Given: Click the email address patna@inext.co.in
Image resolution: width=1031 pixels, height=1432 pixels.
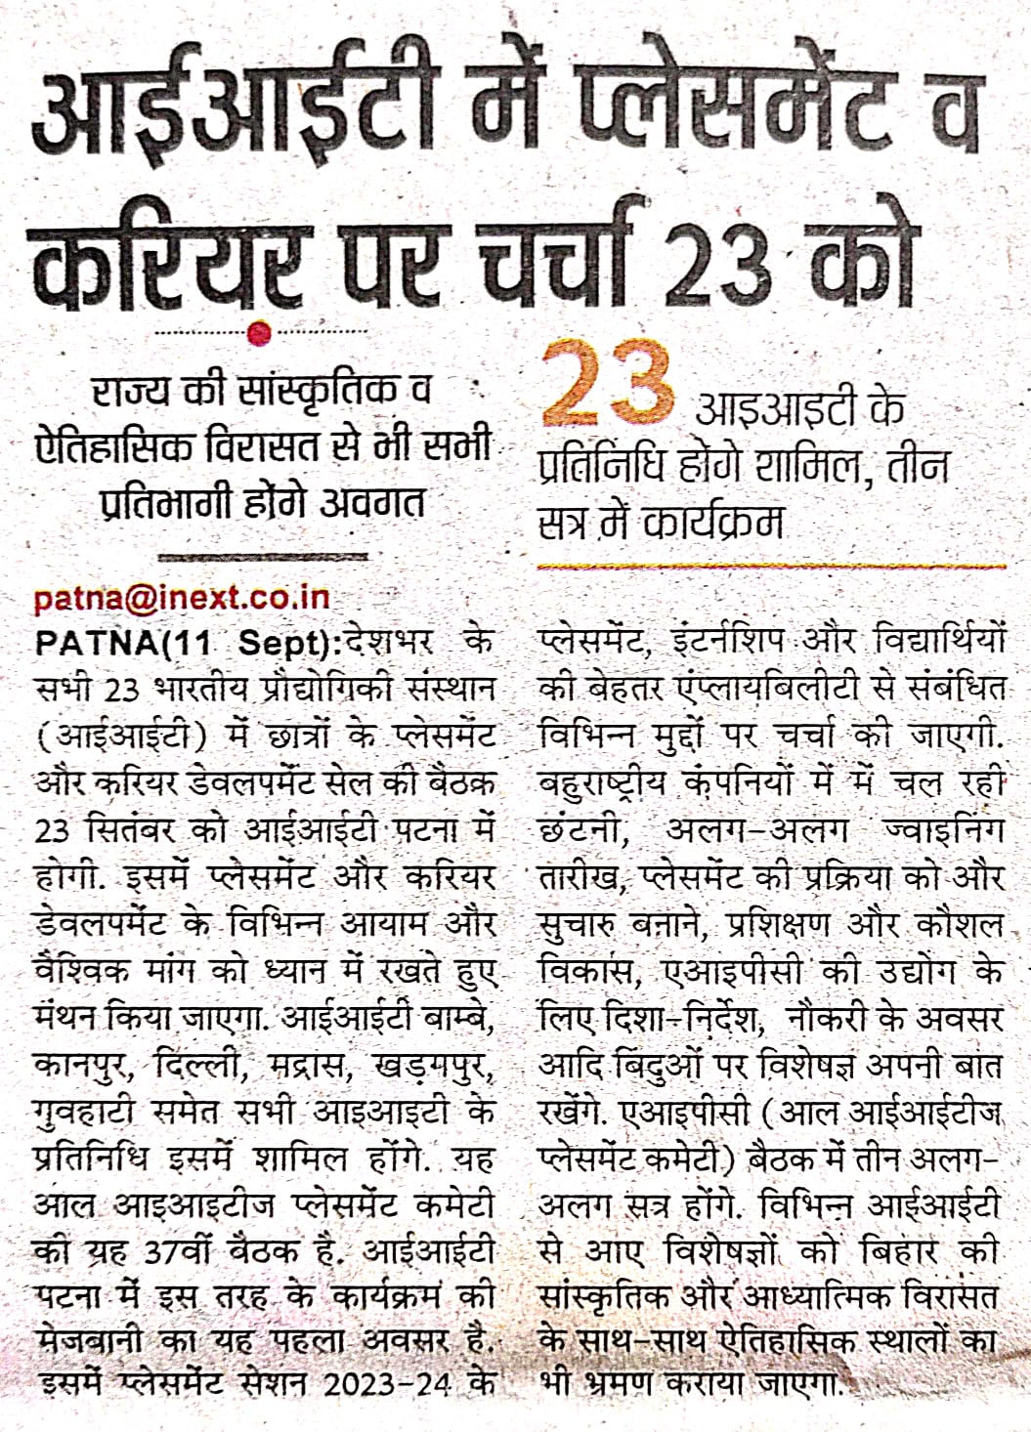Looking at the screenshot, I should tap(182, 598).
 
